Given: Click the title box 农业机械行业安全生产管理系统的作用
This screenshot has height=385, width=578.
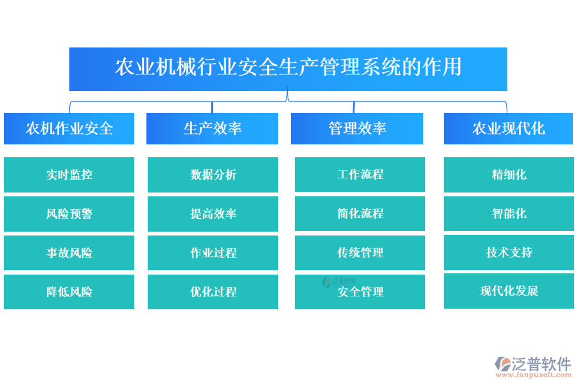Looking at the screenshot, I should click(x=288, y=68).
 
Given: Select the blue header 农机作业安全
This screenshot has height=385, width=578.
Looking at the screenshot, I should click(x=69, y=128).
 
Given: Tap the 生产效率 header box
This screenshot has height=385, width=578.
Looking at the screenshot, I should click(x=213, y=128).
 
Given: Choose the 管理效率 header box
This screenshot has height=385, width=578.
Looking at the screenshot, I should click(x=357, y=128).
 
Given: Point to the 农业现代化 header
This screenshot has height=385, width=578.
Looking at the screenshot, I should click(x=508, y=128).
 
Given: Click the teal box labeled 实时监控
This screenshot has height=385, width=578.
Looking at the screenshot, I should click(x=69, y=175).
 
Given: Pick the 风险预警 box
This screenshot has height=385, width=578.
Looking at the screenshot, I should click(x=69, y=214).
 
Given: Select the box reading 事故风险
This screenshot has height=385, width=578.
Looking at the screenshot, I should click(x=69, y=253).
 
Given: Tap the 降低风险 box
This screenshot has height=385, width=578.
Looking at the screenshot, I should click(x=69, y=292).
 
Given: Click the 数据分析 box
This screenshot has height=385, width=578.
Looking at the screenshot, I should click(x=213, y=175).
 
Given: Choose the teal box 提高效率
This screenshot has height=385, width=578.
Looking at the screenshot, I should click(x=213, y=214).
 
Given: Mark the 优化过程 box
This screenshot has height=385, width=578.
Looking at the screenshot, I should click(x=213, y=292).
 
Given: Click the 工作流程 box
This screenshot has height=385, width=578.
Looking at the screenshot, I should click(x=360, y=175).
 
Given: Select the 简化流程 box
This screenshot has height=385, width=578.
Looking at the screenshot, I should click(x=360, y=214).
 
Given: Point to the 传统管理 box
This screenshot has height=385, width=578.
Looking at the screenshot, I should click(x=360, y=253).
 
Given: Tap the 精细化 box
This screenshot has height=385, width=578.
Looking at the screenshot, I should click(x=509, y=175).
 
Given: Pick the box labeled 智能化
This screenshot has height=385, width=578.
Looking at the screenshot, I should click(x=509, y=214).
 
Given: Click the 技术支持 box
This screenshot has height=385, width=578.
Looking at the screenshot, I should click(x=509, y=252).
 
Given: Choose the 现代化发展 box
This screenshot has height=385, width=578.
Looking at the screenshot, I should click(x=509, y=291).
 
